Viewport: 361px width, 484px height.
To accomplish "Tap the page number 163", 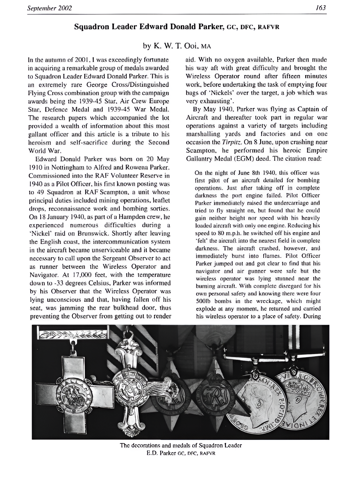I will point(321,8).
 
